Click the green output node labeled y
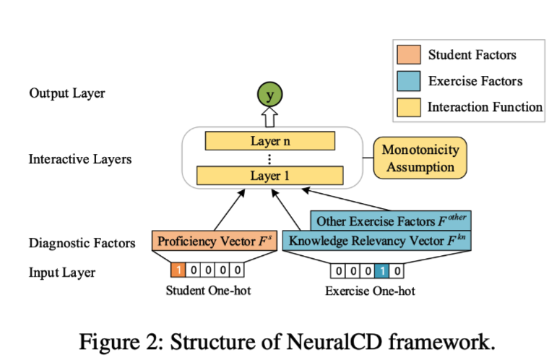point(271,95)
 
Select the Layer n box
point(270,141)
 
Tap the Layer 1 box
point(270,175)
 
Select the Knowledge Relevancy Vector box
point(376,241)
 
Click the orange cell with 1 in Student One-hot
point(178,271)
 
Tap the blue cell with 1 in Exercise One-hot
point(381,271)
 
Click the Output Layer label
point(67,93)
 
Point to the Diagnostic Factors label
point(82,243)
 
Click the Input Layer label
point(62,273)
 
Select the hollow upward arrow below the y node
point(271,116)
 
